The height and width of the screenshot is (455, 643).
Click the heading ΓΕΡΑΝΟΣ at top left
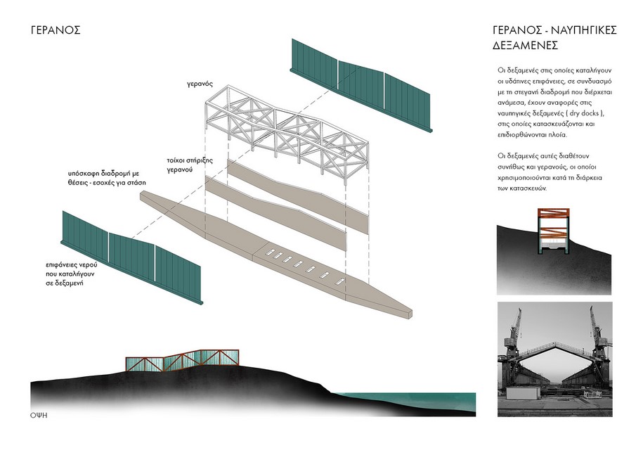[x=56, y=30]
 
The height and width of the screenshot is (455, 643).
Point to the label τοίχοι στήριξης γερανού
[x=190, y=165]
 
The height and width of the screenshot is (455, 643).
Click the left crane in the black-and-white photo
[x=512, y=334]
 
